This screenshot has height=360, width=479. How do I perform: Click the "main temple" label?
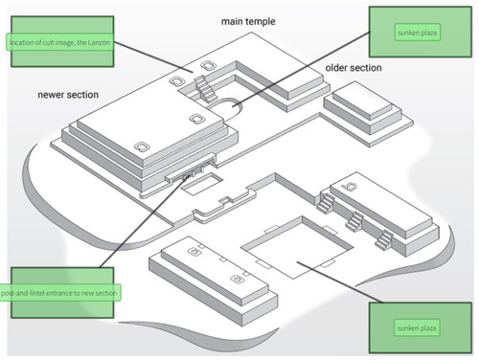(x=248, y=22)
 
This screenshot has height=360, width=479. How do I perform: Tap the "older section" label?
(x=353, y=68)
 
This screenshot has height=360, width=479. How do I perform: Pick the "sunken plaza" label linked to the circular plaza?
(x=417, y=33)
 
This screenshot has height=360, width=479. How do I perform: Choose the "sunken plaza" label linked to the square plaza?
(x=416, y=328)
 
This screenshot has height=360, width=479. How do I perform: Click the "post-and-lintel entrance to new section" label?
(x=59, y=293)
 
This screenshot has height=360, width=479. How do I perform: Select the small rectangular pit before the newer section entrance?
(x=202, y=184)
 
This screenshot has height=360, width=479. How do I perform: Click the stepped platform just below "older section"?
(x=368, y=113)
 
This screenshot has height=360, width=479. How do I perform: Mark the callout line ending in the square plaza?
(x=340, y=282)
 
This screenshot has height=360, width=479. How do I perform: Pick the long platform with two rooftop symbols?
(x=214, y=281)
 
